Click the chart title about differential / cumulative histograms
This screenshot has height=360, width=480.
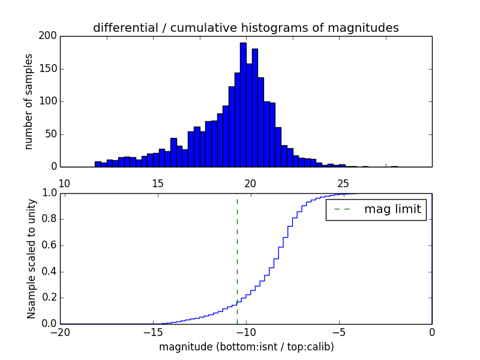(x=245, y=28)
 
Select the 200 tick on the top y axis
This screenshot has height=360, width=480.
(x=49, y=36)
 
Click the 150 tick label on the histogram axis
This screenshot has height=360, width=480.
(x=49, y=69)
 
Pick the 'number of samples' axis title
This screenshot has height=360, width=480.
(x=29, y=101)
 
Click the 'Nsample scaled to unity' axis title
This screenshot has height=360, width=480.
(x=31, y=258)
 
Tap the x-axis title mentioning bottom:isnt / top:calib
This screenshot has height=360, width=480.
(x=246, y=347)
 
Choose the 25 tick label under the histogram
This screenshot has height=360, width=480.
(x=343, y=183)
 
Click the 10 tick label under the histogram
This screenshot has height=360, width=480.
(x=65, y=183)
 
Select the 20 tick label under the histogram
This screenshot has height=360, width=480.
(x=250, y=183)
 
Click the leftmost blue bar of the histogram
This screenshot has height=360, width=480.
(x=98, y=164)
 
